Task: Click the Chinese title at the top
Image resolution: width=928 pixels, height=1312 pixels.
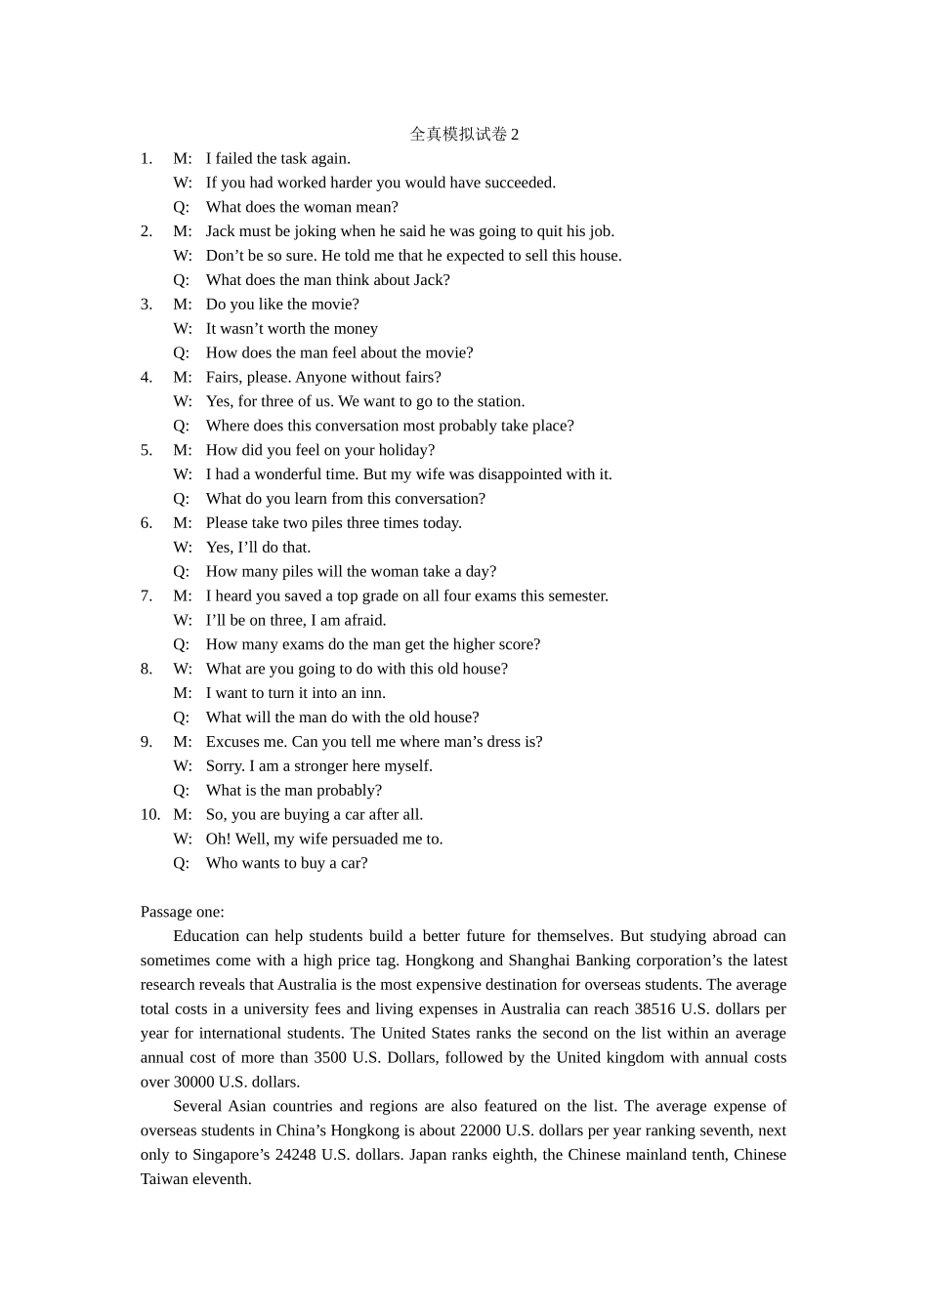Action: point(464,134)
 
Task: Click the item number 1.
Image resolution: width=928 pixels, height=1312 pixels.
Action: point(147,158)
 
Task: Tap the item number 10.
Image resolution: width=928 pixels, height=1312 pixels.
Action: point(150,814)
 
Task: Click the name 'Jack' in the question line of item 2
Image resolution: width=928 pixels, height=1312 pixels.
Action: point(430,280)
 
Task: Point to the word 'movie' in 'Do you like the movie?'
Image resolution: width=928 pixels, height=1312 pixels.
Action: point(335,305)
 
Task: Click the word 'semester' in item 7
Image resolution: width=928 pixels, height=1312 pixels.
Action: point(578,595)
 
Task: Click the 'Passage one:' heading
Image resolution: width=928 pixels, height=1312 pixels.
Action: point(183,912)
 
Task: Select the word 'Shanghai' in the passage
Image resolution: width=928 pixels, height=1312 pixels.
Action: point(540,961)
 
